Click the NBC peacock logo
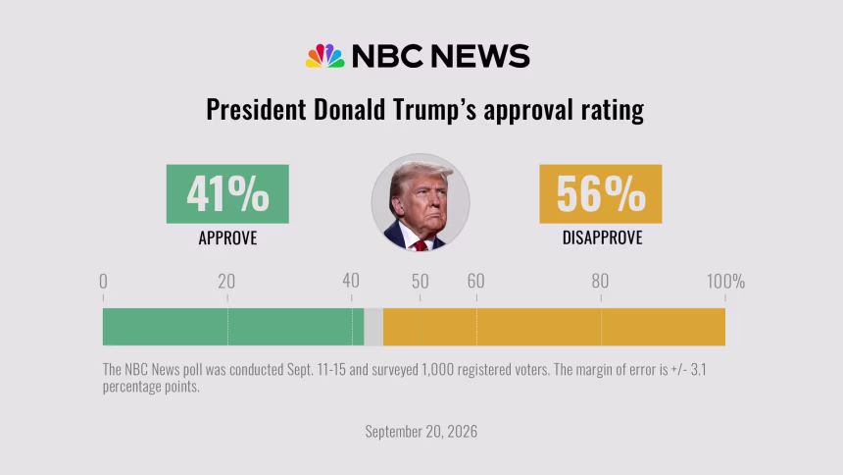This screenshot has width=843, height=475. pos(324,56)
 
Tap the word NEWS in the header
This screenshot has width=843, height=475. pos(480,56)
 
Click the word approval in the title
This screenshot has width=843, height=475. pos(528,110)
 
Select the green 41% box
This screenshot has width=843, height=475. pos(227,194)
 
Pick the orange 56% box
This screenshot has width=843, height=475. pos(601,194)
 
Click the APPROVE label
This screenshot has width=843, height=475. pos(227,238)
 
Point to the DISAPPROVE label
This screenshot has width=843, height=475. pos(602,238)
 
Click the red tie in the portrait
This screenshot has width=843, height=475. pos(420,246)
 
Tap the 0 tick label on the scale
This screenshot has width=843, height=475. pos(103,281)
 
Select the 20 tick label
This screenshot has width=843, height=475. pos(226,281)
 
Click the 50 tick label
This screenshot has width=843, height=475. pos(421,281)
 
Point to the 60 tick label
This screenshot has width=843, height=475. pos(475,281)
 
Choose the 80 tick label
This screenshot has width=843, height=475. pos(600,281)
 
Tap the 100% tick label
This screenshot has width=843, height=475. pos(725,281)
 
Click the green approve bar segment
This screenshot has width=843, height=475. pos(233,327)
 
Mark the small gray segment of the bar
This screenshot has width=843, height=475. pos(373,327)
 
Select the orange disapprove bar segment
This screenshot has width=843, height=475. pos(554,327)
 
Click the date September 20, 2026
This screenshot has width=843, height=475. pos(421,432)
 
